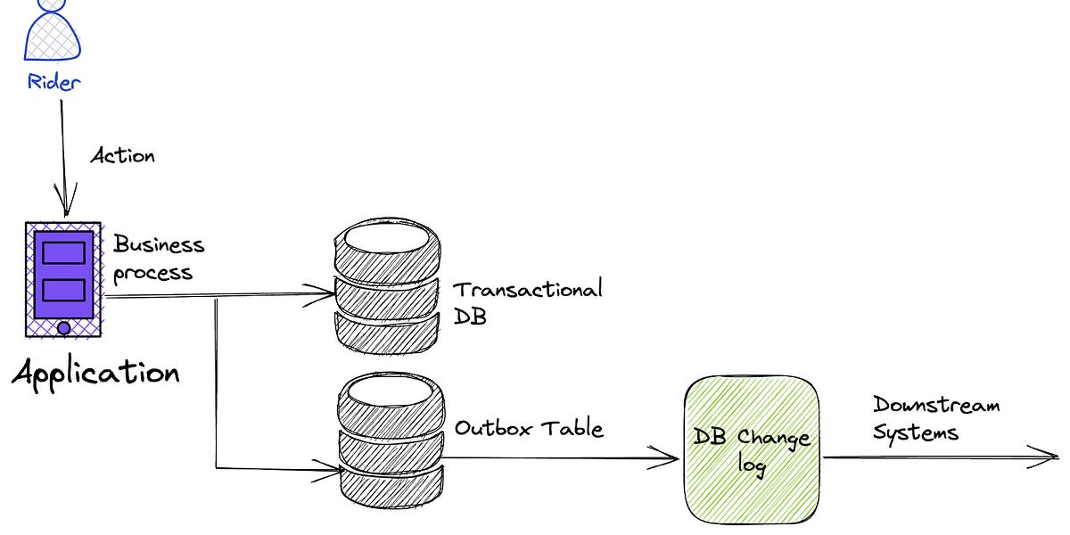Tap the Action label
coord(123,156)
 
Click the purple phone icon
coord(63,279)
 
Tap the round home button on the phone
coord(63,328)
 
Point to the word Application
coord(95,372)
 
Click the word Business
coord(159,244)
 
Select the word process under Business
coord(152,271)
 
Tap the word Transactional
coord(528,289)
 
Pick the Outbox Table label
coord(529,428)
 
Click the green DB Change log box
coord(752,451)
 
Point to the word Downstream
coord(935,406)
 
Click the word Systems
coord(916,432)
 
